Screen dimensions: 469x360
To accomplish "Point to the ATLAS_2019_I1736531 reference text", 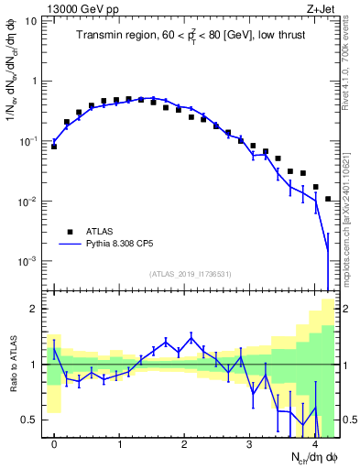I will [x=191, y=274].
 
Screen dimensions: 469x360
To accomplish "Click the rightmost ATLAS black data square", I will [x=328, y=199].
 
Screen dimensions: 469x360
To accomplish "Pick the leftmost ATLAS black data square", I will [x=54, y=146].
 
